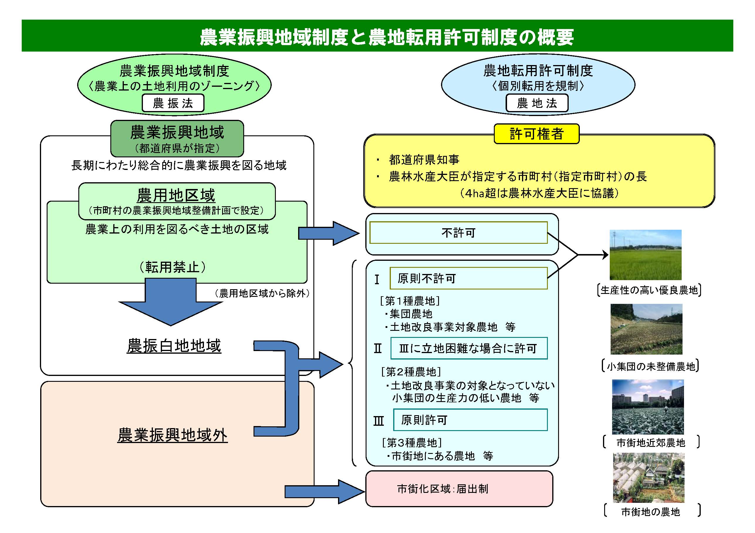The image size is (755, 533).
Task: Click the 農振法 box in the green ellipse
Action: coord(173,103)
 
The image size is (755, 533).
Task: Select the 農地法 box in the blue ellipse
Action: coord(537,103)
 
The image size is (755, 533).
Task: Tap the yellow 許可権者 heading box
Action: coord(536,134)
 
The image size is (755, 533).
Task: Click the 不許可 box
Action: coord(458,233)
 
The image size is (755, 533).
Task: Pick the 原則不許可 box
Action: coord(468,278)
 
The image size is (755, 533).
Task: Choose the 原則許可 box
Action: coord(470,420)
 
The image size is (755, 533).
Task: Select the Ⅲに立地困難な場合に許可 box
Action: coord(469,348)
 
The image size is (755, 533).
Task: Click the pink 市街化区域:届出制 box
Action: coord(459,489)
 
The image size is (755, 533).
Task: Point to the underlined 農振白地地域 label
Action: coord(174,346)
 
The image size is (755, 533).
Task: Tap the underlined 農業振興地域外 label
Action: coord(172,435)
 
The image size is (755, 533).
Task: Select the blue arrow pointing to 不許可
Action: coord(329,234)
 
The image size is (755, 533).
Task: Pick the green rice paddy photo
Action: coord(646,255)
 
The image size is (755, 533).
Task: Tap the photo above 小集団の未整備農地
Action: coord(646,329)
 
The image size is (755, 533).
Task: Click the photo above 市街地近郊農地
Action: coord(648,407)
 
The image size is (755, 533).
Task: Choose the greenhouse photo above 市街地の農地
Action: coord(648,478)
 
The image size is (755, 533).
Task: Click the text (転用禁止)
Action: coord(173,267)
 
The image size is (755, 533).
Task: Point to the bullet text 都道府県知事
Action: coord(424,160)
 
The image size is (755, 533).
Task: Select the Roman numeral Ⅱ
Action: coord(378,348)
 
